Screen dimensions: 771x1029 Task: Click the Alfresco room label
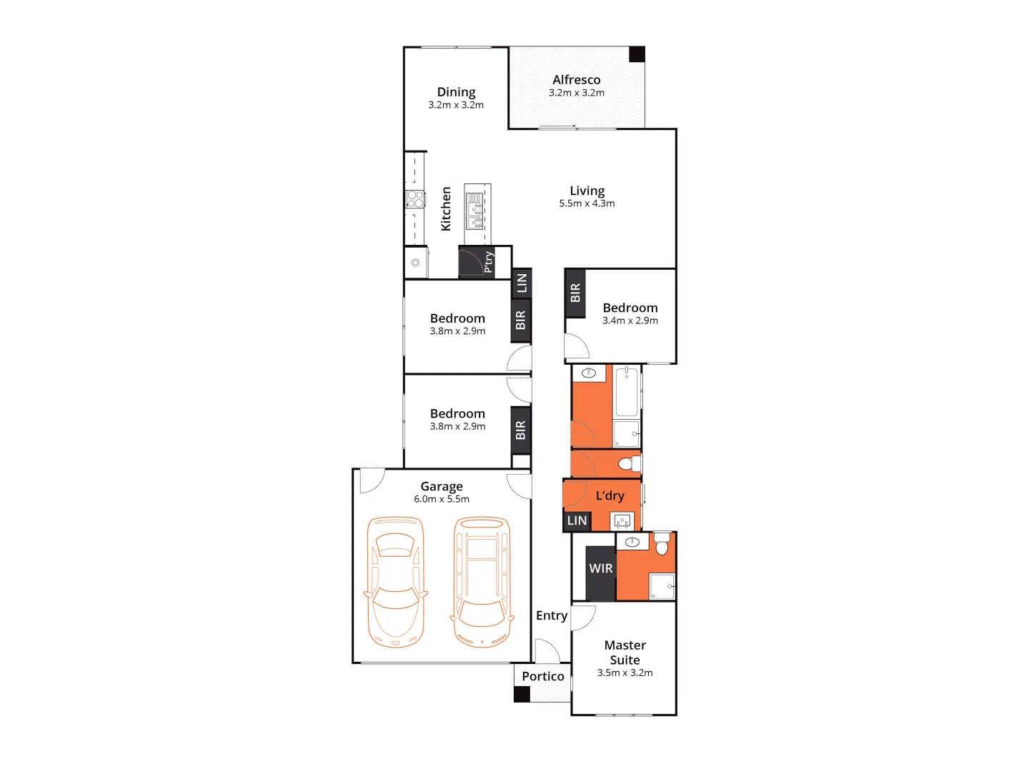[576, 80]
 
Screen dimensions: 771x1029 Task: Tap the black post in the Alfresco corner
[637, 54]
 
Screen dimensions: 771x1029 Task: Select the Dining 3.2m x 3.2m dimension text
[456, 105]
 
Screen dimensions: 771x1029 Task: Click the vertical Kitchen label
[446, 208]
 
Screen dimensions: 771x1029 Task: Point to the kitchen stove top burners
[415, 198]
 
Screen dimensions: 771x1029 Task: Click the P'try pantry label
[488, 261]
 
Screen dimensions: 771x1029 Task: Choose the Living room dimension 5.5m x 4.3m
[587, 203]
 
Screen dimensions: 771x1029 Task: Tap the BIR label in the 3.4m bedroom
[575, 293]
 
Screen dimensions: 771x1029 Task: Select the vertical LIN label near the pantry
[522, 283]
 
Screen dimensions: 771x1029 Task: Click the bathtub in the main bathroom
[627, 391]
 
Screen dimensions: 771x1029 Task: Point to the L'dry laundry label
[610, 495]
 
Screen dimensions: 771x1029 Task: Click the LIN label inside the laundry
[577, 521]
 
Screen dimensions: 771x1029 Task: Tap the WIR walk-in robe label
[600, 569]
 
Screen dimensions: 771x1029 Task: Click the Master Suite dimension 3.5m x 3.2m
[625, 673]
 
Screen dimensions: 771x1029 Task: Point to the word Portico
[542, 676]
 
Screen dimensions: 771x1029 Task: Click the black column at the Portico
[522, 694]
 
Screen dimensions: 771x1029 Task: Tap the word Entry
[552, 615]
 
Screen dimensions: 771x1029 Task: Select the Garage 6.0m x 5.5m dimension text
[442, 500]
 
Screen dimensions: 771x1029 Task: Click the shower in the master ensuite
[662, 587]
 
